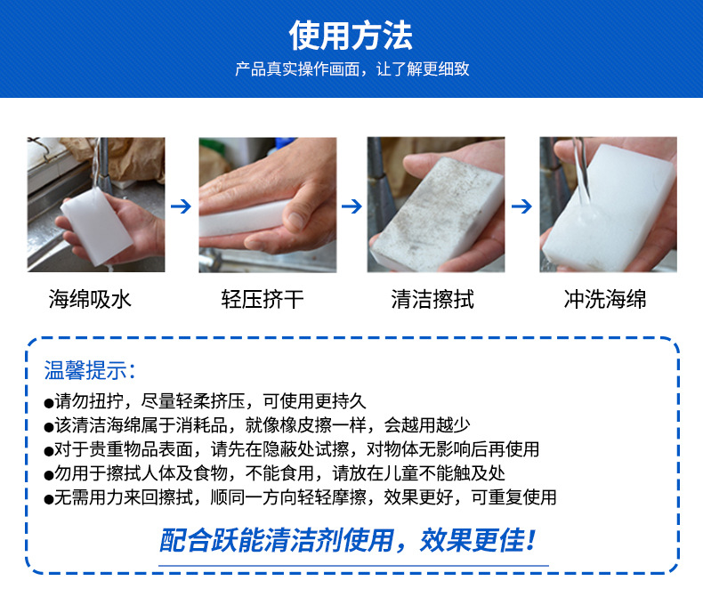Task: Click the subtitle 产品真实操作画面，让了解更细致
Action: pos(351,69)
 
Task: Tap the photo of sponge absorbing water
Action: pos(95,204)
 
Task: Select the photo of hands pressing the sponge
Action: pos(267,204)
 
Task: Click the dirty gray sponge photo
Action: pos(436,204)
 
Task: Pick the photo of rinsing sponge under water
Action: pos(608,204)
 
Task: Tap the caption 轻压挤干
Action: pos(262,299)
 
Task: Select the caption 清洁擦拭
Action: pos(432,299)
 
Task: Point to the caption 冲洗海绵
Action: pos(605,299)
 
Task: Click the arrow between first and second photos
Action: pos(182,206)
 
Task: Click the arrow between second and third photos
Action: pos(352,206)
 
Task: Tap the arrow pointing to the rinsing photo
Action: pos(522,206)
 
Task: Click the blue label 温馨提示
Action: pos(90,371)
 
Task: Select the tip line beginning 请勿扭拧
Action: pos(205,401)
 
